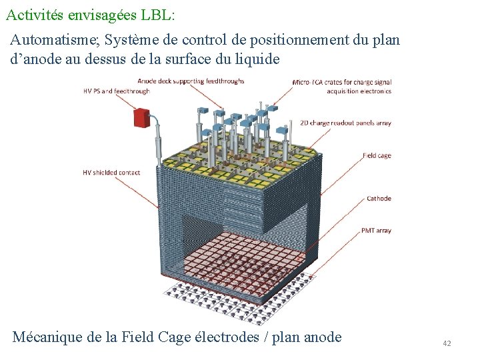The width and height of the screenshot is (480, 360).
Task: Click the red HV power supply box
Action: coord(141,118)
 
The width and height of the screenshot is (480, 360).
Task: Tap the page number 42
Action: coord(447,343)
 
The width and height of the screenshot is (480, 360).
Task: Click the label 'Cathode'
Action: coord(379,198)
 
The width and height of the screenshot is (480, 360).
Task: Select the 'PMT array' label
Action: coord(376,231)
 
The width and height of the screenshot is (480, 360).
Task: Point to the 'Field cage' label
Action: coord(377,155)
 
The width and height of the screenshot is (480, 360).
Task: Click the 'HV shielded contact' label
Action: coord(111,172)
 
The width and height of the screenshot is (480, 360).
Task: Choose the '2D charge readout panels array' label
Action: coord(345,123)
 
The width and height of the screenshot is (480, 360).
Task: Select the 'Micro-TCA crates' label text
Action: coord(342,83)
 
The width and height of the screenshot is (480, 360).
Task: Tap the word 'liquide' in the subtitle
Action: coord(258,59)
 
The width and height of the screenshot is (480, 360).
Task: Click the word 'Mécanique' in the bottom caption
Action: coord(47,337)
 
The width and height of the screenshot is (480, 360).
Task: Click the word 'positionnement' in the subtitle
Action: coord(296,40)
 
